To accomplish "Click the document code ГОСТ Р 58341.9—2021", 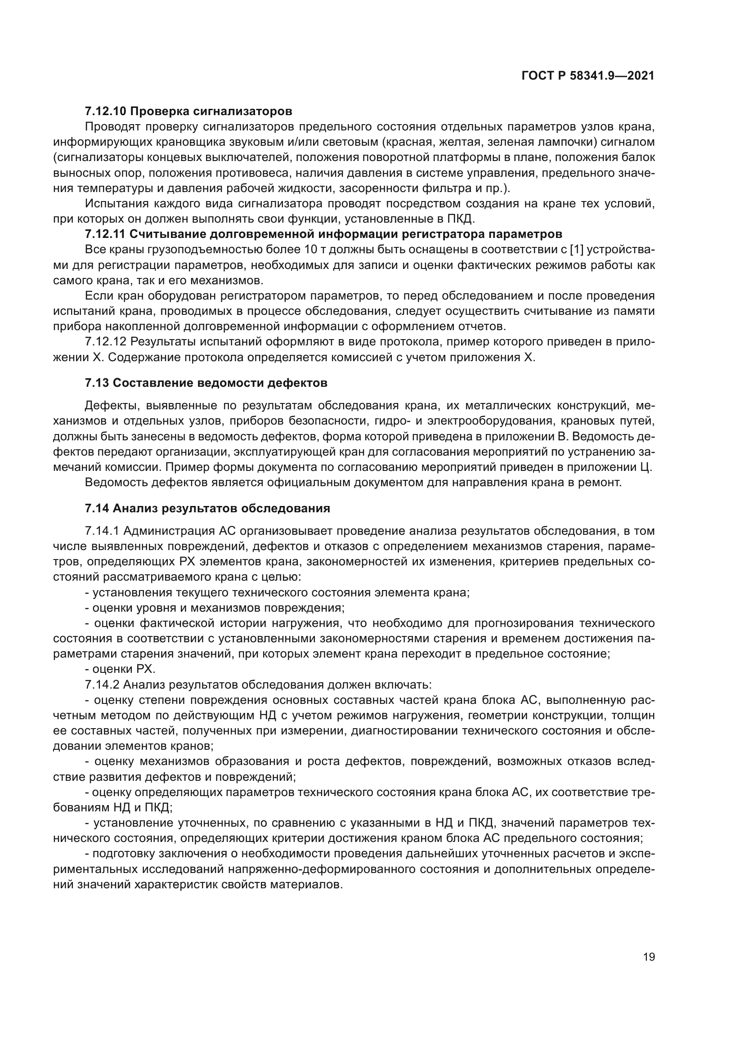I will [x=588, y=76].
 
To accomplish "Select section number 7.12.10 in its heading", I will [x=106, y=111].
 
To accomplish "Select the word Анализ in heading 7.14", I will [x=133, y=508].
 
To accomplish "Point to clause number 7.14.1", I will [x=102, y=531].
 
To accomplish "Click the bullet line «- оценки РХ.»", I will [x=120, y=669].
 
